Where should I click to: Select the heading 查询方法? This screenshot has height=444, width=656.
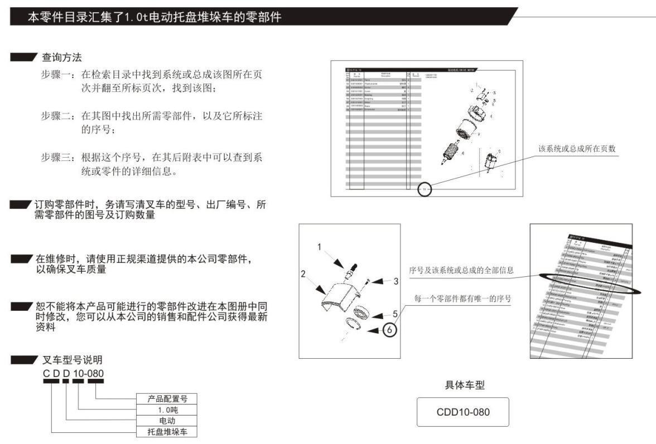point(63,58)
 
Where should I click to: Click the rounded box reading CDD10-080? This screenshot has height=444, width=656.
point(463,412)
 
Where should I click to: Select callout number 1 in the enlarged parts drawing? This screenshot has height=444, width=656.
point(320,245)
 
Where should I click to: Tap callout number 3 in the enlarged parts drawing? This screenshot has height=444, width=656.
point(395,281)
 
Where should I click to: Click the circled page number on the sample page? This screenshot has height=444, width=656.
point(425,189)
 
